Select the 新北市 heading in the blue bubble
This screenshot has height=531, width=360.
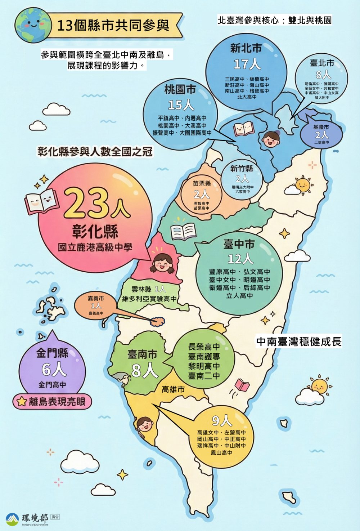[x=246, y=48]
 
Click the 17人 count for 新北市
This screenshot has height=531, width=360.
[x=247, y=64]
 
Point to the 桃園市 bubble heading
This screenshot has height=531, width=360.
[x=180, y=89]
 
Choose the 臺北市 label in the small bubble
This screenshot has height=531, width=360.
[x=322, y=63]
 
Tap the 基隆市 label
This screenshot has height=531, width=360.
[x=321, y=127]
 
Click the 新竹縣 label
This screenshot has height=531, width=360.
[x=242, y=168]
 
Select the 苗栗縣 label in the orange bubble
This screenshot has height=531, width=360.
[x=202, y=183]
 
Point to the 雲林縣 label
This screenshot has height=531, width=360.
[x=141, y=289]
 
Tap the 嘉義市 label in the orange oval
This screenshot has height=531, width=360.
[x=96, y=298]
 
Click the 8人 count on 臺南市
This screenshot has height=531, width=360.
[x=144, y=370]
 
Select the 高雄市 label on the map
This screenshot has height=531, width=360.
[x=173, y=389]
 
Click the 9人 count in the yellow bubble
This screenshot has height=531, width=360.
[x=222, y=420]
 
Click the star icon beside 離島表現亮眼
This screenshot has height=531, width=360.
[x=22, y=401]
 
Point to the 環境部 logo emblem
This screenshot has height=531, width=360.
[x=12, y=519]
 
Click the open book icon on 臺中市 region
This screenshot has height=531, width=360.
[x=183, y=232]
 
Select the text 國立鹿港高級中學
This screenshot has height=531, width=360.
[x=95, y=247]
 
